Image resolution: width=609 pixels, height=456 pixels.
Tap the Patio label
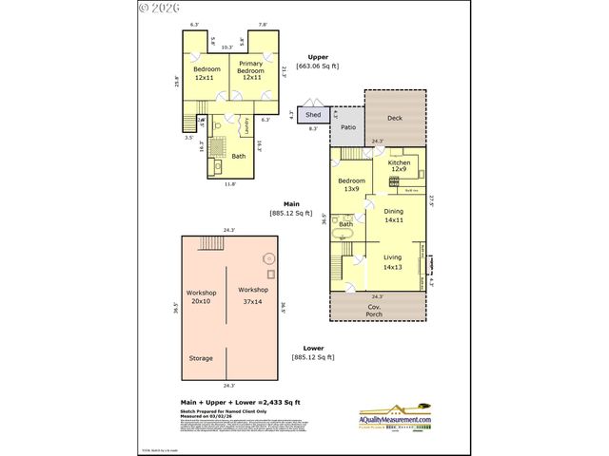pyautogui.click(x=348, y=126)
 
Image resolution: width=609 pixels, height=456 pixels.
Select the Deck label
pyautogui.click(x=395, y=118)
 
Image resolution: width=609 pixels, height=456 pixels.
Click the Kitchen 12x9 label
pyautogui.click(x=398, y=166)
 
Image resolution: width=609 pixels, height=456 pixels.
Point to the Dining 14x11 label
pyautogui.click(x=394, y=216)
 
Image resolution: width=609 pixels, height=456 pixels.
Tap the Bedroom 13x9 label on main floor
pyautogui.click(x=350, y=184)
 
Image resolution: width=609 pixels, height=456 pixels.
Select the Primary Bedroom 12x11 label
pyautogui.click(x=251, y=71)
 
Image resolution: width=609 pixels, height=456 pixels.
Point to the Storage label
pyautogui.click(x=200, y=358)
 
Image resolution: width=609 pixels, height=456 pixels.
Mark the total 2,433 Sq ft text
pyautogui.click(x=240, y=403)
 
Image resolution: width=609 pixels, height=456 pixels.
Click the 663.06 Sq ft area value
pyautogui.click(x=317, y=66)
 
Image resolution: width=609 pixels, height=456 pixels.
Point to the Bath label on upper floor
pyautogui.click(x=239, y=157)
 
